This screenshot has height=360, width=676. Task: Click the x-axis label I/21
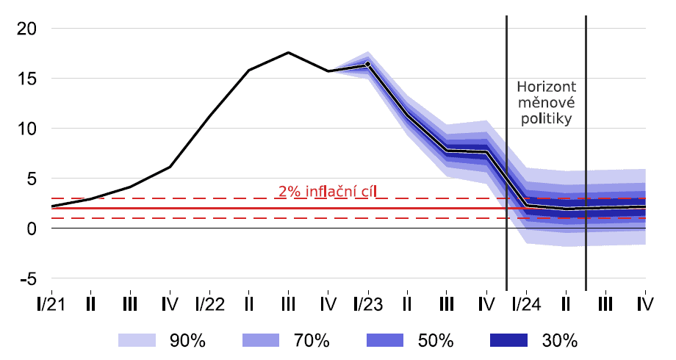point(51,303)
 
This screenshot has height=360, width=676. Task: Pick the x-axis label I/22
point(210,303)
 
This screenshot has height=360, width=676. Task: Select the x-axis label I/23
point(368,303)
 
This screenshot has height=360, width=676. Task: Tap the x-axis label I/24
point(526,303)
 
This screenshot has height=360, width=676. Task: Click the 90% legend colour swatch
point(137,339)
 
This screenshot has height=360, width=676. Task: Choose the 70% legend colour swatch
point(261,339)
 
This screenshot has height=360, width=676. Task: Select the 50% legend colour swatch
point(385,339)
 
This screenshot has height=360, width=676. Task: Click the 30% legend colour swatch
point(508,339)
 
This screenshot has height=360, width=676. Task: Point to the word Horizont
point(546,85)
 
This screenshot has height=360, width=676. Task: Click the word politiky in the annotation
point(546,118)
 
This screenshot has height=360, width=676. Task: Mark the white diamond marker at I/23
point(368,64)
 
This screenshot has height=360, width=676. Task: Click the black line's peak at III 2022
point(289,52)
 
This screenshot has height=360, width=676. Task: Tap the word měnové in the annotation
point(546,101)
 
